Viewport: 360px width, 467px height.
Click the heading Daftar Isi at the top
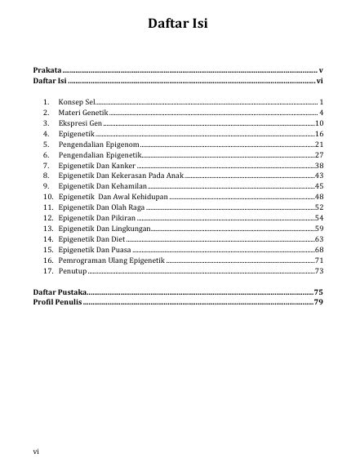pos(178,24)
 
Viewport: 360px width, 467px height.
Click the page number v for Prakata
pos(322,72)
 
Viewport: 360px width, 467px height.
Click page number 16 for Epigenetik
pos(320,132)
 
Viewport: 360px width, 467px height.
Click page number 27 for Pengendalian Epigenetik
pos(320,154)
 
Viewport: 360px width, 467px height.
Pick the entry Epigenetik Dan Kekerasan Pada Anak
pos(122,176)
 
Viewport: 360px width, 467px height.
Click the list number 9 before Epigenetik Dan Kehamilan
pos(48,186)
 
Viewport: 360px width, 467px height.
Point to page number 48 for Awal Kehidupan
pos(320,197)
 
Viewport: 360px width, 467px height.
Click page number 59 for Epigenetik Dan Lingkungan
pos(320,229)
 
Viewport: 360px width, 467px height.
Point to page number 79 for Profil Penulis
pos(320,302)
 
